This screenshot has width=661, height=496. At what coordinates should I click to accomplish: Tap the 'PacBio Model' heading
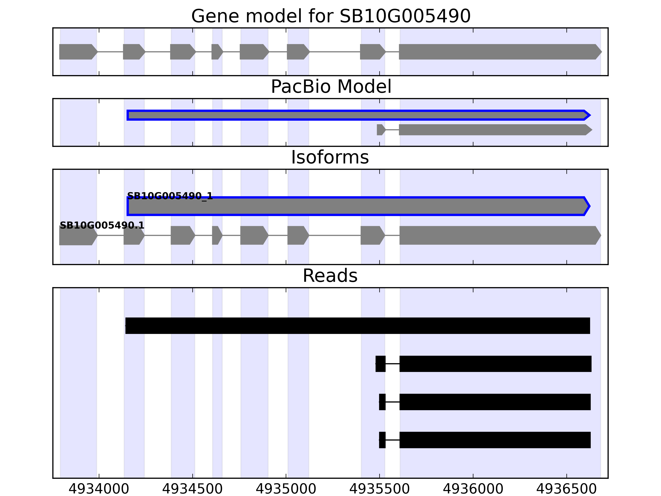(331, 87)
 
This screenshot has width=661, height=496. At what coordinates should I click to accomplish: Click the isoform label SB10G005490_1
(170, 196)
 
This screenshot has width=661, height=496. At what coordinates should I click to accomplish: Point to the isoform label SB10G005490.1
(102, 225)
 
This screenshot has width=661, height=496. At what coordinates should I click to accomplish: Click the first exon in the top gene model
(78, 52)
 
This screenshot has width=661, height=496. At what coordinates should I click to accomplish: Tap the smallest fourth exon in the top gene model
(217, 52)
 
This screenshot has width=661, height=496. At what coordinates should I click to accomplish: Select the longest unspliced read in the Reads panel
(357, 325)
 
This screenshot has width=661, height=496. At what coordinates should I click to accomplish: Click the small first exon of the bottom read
(382, 440)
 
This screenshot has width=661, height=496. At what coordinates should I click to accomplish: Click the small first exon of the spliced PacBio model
(381, 130)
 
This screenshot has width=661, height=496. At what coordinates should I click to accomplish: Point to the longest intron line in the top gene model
(335, 52)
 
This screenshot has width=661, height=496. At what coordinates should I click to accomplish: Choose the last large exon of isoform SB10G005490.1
(499, 235)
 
